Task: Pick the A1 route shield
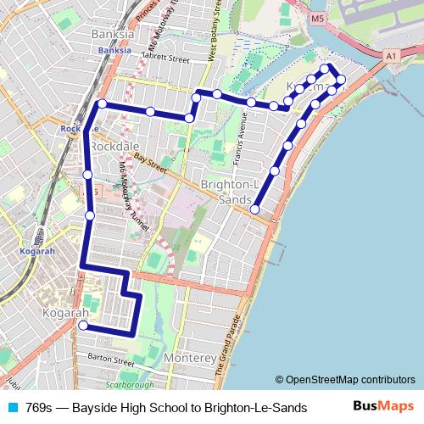point(391,56)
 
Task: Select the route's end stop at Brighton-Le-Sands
point(255,209)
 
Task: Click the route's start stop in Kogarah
point(83,325)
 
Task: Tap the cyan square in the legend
point(12,408)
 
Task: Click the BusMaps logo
point(383,407)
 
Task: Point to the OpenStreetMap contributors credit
point(345,380)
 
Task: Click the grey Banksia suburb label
point(112,35)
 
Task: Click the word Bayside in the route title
point(95,408)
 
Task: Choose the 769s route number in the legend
point(40,408)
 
